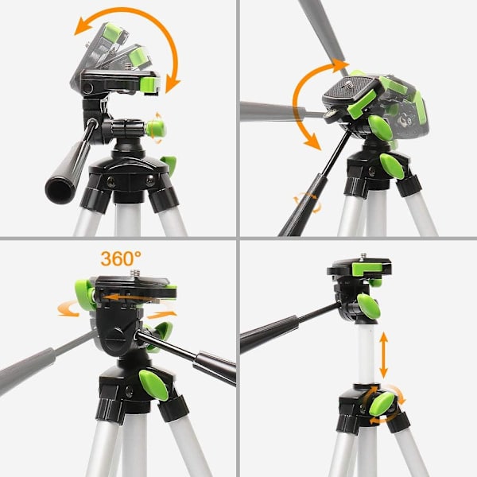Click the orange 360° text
(x=121, y=258)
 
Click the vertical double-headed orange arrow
(x=383, y=355)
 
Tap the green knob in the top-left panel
(x=156, y=128)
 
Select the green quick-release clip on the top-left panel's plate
(x=150, y=86)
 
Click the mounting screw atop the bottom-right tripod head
(x=363, y=257)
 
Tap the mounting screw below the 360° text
(x=134, y=273)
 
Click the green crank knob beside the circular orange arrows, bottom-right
(x=382, y=403)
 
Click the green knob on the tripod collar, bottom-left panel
(x=153, y=385)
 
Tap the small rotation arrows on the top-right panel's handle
(x=307, y=202)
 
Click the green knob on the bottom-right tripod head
(x=369, y=306)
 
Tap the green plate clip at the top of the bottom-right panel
(x=368, y=268)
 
